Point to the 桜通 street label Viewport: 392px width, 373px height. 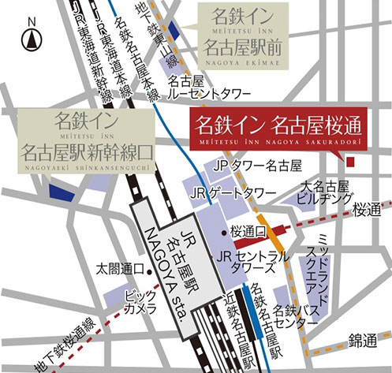367,210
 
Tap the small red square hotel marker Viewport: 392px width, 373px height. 351,162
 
